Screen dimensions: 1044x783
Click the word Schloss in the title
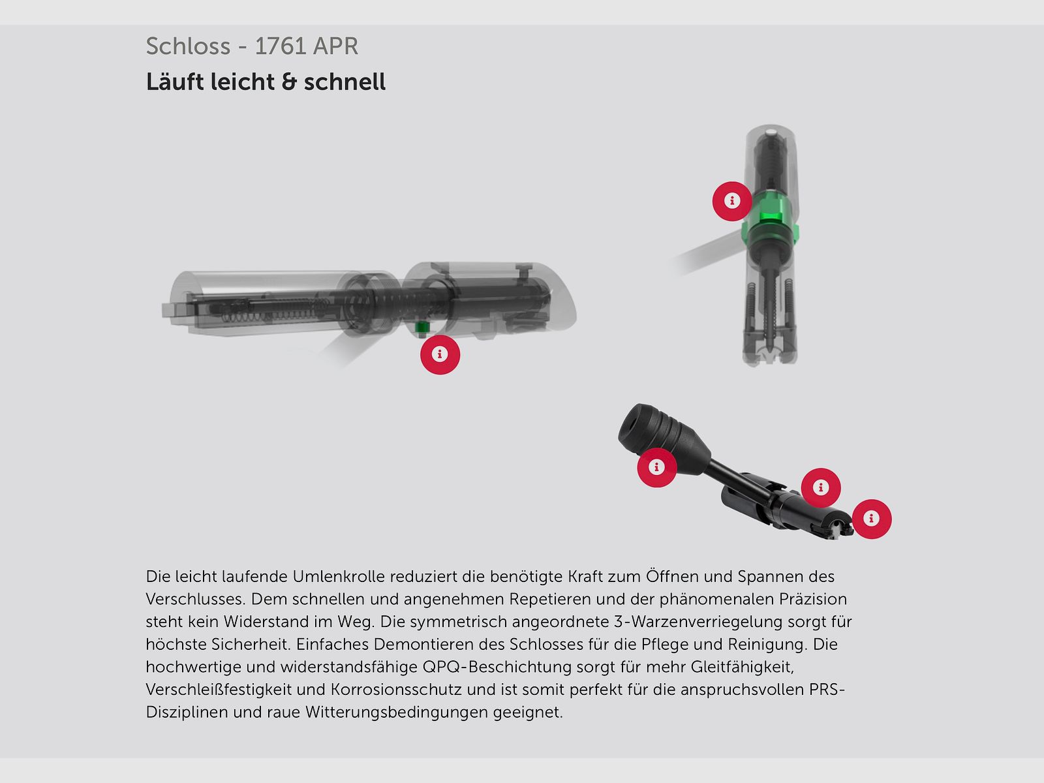(x=188, y=46)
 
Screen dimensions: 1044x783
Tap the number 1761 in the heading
(x=280, y=46)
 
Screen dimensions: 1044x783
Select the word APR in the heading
(x=335, y=46)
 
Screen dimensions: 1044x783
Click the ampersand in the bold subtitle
(x=289, y=82)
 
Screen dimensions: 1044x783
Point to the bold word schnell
(x=345, y=82)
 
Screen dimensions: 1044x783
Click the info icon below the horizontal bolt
(x=440, y=355)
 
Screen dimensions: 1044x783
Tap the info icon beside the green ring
(x=732, y=201)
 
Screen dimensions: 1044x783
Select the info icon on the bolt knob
(x=657, y=467)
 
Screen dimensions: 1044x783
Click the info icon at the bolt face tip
(x=871, y=519)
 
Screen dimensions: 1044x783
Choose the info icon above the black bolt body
(x=821, y=488)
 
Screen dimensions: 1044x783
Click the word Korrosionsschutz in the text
(x=396, y=689)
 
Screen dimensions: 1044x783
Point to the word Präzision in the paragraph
(x=813, y=599)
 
